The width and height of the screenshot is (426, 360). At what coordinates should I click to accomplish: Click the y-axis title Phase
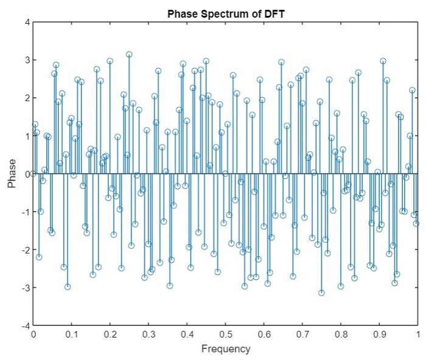[x=12, y=173]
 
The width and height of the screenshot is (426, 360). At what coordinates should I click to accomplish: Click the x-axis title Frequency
[x=225, y=349]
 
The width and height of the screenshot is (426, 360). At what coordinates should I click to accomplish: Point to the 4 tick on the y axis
[x=26, y=22]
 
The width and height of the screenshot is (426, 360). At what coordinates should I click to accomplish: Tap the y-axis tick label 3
[x=26, y=60]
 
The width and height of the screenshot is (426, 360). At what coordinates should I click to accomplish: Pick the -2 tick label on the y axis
[x=24, y=250]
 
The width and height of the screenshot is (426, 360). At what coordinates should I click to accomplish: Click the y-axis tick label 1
[x=26, y=136]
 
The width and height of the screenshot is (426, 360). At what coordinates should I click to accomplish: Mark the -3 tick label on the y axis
[x=24, y=288]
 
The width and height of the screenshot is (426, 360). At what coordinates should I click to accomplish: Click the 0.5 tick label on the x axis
[x=226, y=334]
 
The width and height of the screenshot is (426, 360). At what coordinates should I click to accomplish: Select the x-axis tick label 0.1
[x=71, y=334]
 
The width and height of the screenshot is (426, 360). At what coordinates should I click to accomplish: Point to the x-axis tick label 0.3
[x=148, y=334]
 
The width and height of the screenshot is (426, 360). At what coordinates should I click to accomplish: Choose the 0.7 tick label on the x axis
[x=302, y=334]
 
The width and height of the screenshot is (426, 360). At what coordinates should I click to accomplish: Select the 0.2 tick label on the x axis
[x=110, y=334]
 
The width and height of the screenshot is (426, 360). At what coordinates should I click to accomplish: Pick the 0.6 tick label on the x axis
[x=264, y=334]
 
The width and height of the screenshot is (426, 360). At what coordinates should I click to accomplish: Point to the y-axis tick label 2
[x=26, y=98]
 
